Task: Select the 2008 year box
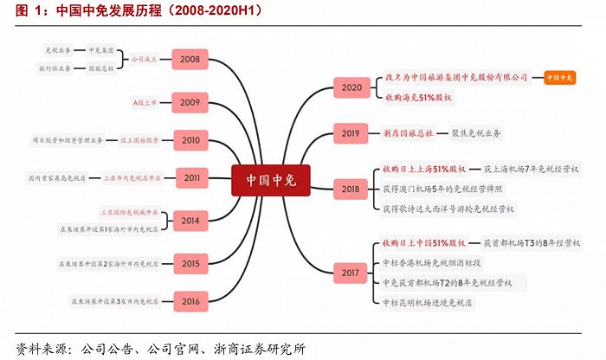point(190,60)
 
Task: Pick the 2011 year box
point(190,177)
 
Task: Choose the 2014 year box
point(190,221)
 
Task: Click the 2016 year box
point(190,300)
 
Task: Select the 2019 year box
point(351,133)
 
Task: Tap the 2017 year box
point(351,273)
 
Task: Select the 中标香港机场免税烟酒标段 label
point(442,262)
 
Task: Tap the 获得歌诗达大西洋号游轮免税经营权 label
point(448,209)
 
